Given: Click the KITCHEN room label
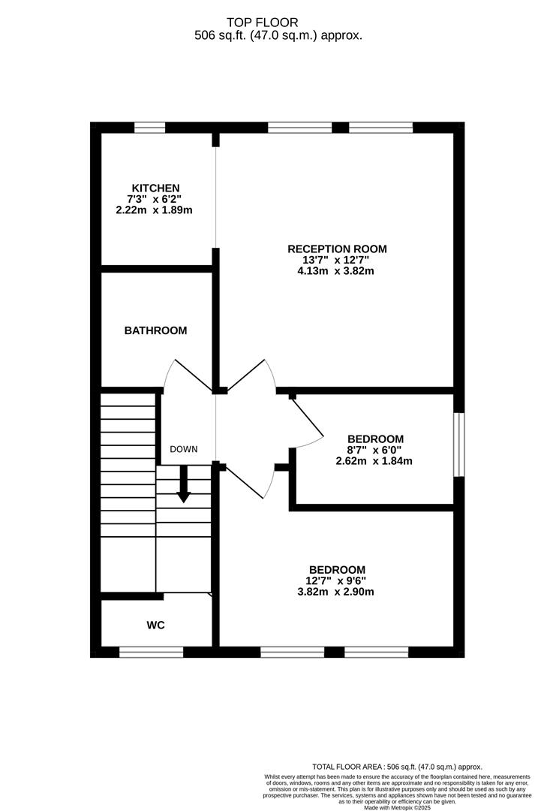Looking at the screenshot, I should click(x=155, y=188).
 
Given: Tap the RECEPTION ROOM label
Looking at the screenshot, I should click(x=337, y=249).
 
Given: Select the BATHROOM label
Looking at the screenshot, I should click(x=155, y=330).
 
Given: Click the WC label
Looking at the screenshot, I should click(x=155, y=625).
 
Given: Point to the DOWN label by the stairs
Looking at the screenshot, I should click(x=183, y=450).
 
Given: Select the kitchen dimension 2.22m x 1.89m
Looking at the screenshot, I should click(x=155, y=210).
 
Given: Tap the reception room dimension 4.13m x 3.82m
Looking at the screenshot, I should click(x=337, y=271).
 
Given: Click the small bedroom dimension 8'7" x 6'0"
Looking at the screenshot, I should click(x=375, y=451).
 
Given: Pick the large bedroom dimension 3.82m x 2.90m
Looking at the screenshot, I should click(x=337, y=592).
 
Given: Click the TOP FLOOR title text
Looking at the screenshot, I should click(x=278, y=23).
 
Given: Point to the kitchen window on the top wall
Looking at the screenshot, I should click(x=149, y=128).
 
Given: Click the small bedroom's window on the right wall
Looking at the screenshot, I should click(x=458, y=444).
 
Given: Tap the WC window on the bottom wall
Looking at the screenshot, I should click(x=151, y=652).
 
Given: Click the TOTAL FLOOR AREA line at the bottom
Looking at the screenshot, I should click(x=397, y=767).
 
